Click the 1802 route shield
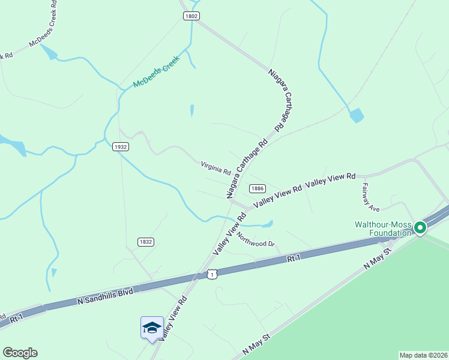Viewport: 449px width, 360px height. [x=191, y=16]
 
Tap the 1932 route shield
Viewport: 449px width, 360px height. [x=121, y=146]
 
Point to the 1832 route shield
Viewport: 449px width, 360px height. [x=145, y=242]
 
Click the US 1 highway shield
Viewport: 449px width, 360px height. [x=212, y=274]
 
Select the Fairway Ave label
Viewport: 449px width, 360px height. [x=370, y=198]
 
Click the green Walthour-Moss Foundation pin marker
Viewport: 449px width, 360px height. [x=420, y=227]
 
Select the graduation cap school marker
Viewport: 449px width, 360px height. [x=152, y=328]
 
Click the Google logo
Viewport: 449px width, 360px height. [x=20, y=353]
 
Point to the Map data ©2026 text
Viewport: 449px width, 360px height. [x=423, y=355]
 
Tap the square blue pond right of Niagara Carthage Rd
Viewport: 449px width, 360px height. [x=357, y=115]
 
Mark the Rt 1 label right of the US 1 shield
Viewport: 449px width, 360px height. [x=293, y=258]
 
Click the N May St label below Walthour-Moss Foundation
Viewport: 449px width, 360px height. [x=377, y=257]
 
